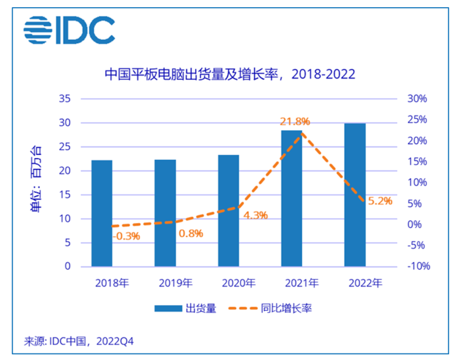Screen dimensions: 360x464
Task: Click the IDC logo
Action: tap(69, 30)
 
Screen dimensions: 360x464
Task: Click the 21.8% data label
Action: tap(295, 122)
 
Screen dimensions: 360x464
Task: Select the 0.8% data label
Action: tap(191, 233)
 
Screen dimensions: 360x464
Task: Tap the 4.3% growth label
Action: tap(255, 215)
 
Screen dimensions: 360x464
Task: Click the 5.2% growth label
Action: tap(380, 201)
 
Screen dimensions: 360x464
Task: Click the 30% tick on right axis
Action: tap(416, 98)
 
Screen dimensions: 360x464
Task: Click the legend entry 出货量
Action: tap(185, 308)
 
